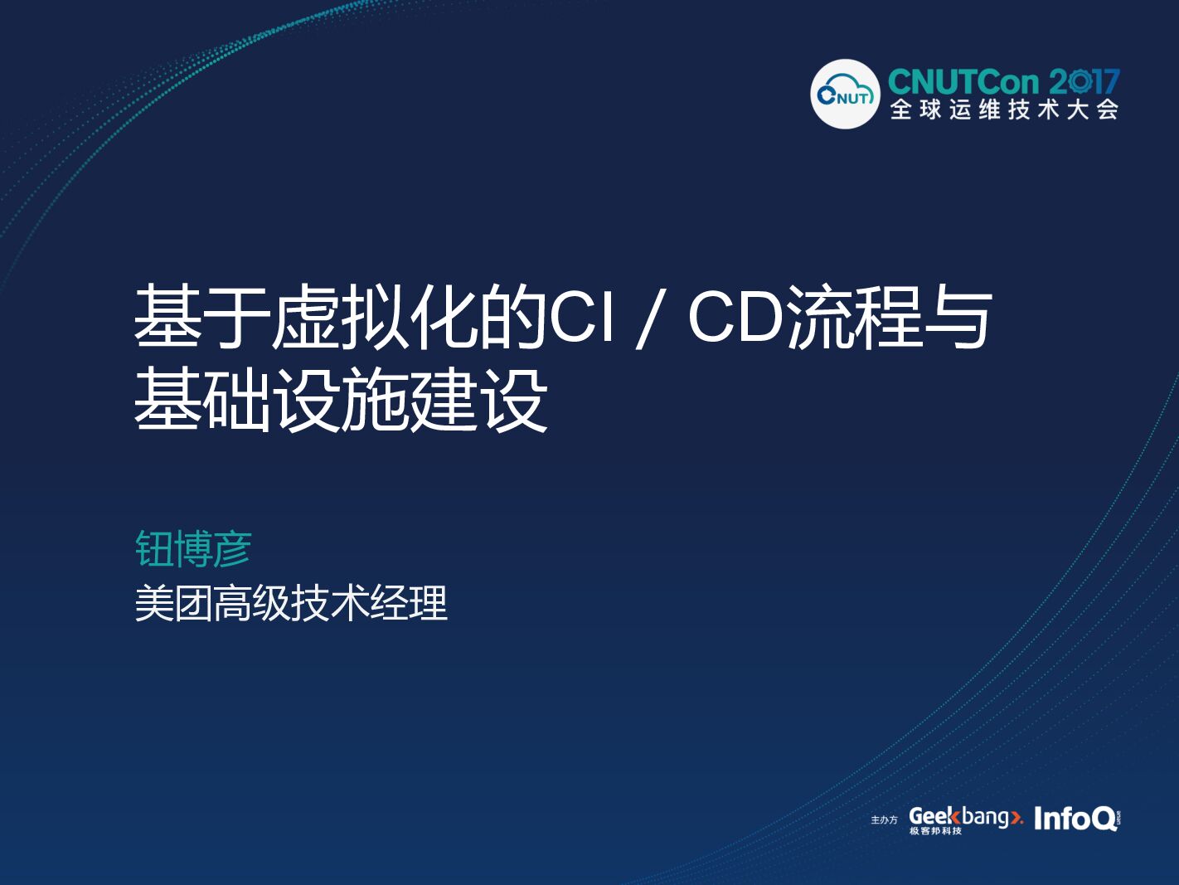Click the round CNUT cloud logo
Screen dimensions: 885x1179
click(844, 94)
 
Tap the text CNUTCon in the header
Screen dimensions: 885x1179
click(963, 82)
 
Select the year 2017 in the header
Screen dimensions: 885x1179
click(1084, 82)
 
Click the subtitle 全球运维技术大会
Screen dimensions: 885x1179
click(1004, 109)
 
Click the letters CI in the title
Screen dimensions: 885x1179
click(582, 317)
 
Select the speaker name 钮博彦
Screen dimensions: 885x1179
click(192, 549)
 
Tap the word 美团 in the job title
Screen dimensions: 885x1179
click(173, 603)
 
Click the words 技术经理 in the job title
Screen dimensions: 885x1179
click(370, 603)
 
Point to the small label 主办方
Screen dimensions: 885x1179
click(884, 820)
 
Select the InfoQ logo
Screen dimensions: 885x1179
click(1076, 819)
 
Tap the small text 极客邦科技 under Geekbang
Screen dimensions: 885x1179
click(935, 831)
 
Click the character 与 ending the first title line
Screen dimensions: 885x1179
click(959, 317)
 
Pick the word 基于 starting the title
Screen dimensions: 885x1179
click(202, 317)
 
